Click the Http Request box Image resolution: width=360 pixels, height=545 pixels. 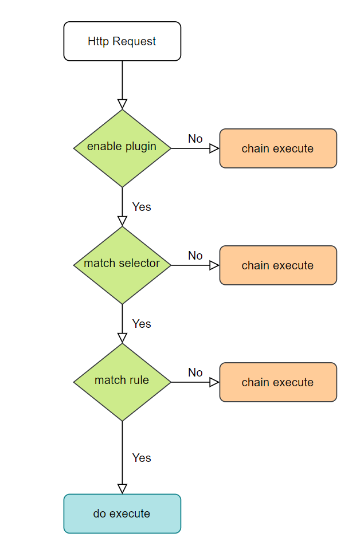(x=122, y=41)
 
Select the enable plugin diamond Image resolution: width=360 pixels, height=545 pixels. (x=122, y=148)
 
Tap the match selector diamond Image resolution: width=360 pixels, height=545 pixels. (x=122, y=265)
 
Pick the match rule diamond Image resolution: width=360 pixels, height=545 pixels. (x=122, y=382)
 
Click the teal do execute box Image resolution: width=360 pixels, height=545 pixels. (x=122, y=513)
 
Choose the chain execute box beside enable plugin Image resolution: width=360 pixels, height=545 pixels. (x=278, y=148)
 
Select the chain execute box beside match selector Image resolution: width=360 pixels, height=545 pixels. (x=278, y=265)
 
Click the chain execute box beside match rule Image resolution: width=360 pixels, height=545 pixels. (x=278, y=382)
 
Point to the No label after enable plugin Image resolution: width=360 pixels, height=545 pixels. (x=195, y=139)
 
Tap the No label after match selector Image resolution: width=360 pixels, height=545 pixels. (x=195, y=256)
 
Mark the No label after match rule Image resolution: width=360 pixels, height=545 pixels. (x=195, y=373)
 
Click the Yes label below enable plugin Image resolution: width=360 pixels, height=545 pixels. (x=142, y=207)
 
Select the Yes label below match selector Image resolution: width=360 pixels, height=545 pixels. (x=142, y=324)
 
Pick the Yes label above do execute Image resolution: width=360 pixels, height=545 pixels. (x=142, y=458)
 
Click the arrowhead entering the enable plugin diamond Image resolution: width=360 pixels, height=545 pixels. (x=122, y=104)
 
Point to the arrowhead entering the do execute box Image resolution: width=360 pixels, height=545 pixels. (x=122, y=488)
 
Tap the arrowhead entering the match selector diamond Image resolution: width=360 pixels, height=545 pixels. (x=122, y=221)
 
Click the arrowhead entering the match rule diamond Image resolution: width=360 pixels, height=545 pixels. (x=122, y=338)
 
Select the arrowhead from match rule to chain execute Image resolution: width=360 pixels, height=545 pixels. (x=214, y=382)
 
